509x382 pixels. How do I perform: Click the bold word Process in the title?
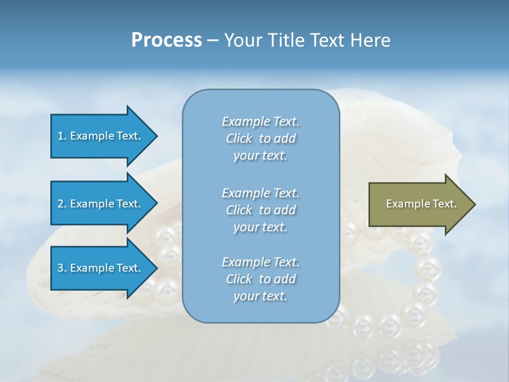[166, 40]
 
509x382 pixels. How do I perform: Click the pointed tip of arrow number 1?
[156, 136]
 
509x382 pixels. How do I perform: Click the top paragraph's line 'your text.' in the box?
[260, 156]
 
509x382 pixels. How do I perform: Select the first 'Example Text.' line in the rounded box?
[260, 121]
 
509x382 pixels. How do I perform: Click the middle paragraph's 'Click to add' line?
[260, 210]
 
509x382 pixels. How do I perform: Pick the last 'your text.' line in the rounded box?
[260, 296]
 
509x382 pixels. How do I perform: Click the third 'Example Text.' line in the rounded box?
[260, 262]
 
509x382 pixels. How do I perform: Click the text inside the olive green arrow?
[421, 204]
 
